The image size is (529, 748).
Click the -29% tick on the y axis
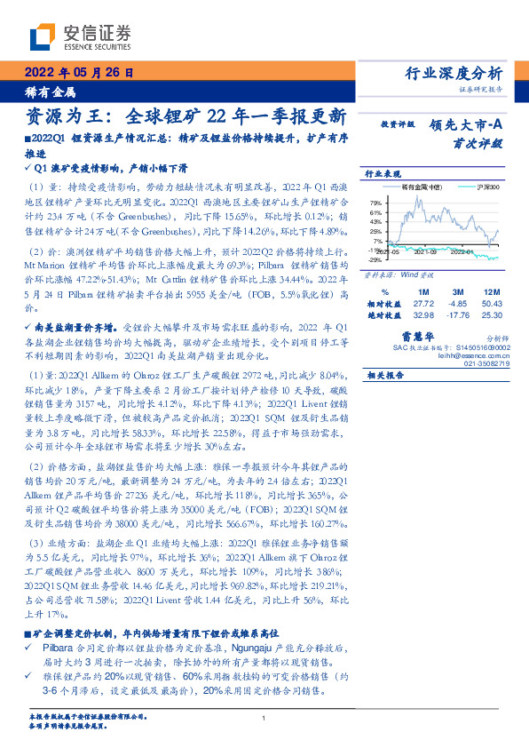tap(376, 260)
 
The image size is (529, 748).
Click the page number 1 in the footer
tap(264, 718)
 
